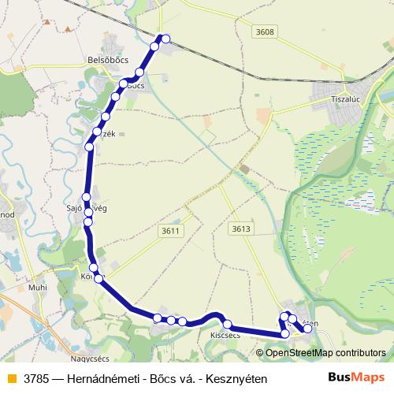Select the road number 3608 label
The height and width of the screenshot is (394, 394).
(266, 32)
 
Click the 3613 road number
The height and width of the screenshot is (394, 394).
(241, 229)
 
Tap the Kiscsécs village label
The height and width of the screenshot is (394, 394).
(225, 335)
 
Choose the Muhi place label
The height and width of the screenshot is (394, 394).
(37, 288)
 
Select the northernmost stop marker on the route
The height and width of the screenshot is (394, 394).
(165, 38)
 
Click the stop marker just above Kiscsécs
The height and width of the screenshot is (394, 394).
(227, 325)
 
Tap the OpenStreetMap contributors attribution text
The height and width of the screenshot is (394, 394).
(325, 353)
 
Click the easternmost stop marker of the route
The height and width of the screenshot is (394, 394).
(307, 329)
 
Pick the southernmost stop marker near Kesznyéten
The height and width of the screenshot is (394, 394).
(285, 334)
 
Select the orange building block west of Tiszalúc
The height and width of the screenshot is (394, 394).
(263, 116)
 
